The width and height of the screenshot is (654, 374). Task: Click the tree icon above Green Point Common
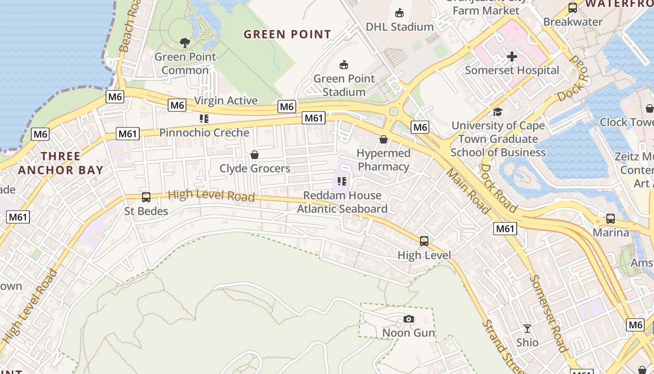coord(185,43)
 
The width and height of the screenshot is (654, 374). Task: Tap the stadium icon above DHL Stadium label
coord(399,13)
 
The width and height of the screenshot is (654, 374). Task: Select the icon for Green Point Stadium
coord(344,65)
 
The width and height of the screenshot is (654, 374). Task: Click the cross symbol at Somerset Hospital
coord(512,57)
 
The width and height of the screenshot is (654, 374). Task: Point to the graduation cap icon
coord(498,112)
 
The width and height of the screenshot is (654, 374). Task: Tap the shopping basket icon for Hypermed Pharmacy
coord(384,139)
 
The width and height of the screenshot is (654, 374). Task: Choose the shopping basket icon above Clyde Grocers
coord(255,154)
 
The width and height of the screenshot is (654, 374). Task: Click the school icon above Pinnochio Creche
coord(204,119)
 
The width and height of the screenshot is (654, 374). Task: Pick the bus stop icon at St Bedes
coord(146,197)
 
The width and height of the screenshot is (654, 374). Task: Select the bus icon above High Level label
coord(424,241)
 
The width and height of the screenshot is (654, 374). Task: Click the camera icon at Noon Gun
coord(409,319)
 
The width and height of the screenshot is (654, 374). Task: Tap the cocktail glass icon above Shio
coord(527,329)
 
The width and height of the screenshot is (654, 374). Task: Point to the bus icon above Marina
coord(610,218)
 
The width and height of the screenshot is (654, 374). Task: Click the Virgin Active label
coord(226,101)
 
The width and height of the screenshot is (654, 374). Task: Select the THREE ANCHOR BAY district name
coord(61,163)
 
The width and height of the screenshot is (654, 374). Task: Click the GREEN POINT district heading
coord(287,34)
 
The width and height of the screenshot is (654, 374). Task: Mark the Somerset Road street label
coord(548,313)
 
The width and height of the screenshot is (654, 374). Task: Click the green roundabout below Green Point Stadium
coord(394,111)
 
